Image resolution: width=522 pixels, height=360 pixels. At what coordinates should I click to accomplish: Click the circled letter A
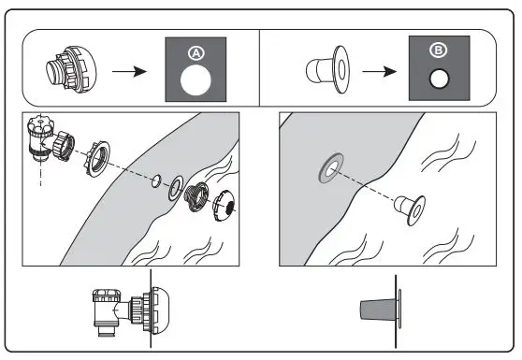[196, 53]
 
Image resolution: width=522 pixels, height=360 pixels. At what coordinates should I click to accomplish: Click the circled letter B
[438, 50]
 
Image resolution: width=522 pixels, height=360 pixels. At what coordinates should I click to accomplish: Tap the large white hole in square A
[196, 80]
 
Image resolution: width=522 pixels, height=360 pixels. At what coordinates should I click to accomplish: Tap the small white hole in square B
[439, 79]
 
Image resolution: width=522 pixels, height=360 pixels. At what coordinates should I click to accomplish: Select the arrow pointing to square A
[129, 71]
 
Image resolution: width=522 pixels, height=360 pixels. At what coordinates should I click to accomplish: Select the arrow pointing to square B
[380, 71]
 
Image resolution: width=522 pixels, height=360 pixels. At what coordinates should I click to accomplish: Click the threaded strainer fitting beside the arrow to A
[71, 69]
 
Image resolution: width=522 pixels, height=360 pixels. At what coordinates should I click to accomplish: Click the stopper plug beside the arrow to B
[328, 69]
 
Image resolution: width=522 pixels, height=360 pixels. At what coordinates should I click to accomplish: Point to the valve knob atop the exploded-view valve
[40, 124]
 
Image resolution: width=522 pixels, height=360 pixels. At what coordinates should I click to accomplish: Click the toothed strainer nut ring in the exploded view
[96, 159]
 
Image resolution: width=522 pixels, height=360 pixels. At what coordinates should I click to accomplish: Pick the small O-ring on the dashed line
[156, 180]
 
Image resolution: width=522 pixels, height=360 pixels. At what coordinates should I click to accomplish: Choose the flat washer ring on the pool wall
[176, 188]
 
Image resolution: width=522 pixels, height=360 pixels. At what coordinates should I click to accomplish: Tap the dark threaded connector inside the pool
[197, 197]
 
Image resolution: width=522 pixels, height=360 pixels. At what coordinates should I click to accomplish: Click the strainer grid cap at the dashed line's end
[224, 206]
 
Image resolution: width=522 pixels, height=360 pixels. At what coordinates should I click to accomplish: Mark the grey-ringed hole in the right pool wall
[331, 168]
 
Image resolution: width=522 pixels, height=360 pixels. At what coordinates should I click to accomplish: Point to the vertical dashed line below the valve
[40, 172]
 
